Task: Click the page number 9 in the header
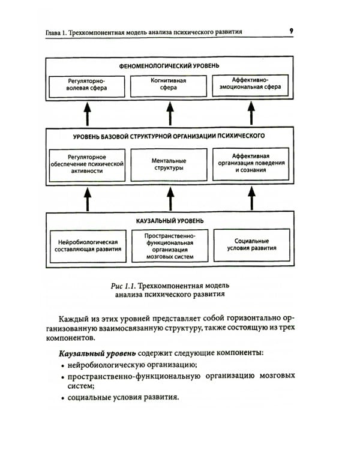tap(291, 30)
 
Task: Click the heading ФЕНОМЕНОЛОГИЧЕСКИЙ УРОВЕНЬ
tap(169, 64)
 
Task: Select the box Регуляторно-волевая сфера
tap(88, 86)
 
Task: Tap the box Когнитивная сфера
tap(170, 86)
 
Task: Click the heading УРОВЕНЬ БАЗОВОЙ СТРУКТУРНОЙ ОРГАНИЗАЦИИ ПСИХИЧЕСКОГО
tap(169, 136)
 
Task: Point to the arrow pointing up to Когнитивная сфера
tap(170, 113)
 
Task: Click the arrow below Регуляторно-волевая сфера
tap(88, 113)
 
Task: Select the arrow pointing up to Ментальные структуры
tap(170, 199)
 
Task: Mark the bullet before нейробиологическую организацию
tap(63, 365)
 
